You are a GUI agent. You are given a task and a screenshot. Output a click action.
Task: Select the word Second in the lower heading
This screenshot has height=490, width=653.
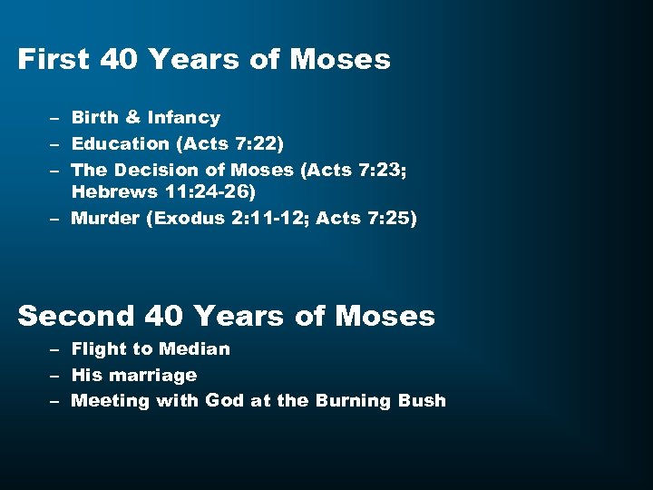(75, 316)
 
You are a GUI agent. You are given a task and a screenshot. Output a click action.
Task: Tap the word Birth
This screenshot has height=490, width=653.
(94, 117)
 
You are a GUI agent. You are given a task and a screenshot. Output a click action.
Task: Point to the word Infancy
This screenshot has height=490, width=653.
(185, 117)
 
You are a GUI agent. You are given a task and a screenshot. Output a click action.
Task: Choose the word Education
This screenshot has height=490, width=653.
(121, 143)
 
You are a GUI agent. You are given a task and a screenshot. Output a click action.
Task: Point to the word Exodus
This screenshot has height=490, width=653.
(181, 218)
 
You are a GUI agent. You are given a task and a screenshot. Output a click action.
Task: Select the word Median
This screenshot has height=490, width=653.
(194, 348)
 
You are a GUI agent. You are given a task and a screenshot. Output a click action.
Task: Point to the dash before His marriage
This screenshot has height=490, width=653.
(55, 376)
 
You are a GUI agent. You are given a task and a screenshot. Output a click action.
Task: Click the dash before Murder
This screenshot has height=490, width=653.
(55, 219)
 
